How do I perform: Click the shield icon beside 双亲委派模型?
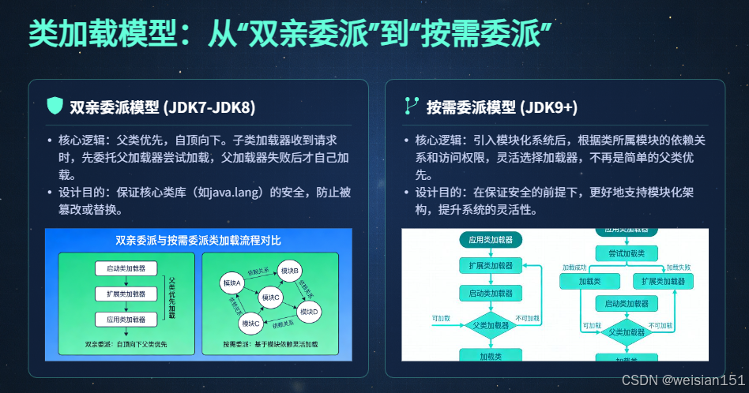tap(55, 106)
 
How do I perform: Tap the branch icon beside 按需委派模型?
tap(412, 106)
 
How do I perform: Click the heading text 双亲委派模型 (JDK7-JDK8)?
tap(163, 107)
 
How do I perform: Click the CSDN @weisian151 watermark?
tap(683, 380)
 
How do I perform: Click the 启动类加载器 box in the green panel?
tap(121, 268)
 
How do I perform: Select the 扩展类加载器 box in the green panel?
tap(121, 294)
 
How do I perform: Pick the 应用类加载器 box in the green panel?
tap(121, 320)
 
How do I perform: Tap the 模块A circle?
tap(231, 283)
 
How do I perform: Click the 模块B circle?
tap(290, 271)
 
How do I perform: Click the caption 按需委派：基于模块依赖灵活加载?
tap(269, 344)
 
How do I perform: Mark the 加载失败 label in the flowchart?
tap(678, 268)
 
